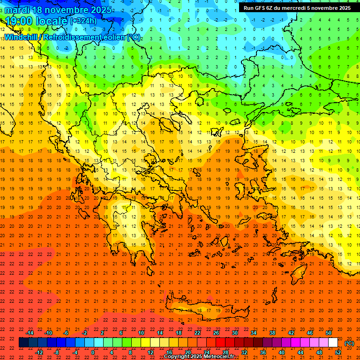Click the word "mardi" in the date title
[x=17, y=10]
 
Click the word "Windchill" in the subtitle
[x=20, y=37]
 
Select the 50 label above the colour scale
[x=329, y=333]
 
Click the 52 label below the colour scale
[x=338, y=352]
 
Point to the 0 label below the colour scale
[x=92, y=352]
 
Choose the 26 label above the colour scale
[x=216, y=333]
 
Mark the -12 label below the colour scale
[x=39, y=352]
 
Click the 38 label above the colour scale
[x=272, y=333]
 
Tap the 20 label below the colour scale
[x=187, y=352]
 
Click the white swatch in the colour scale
[x=333, y=343]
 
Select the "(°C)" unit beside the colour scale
[x=349, y=343]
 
